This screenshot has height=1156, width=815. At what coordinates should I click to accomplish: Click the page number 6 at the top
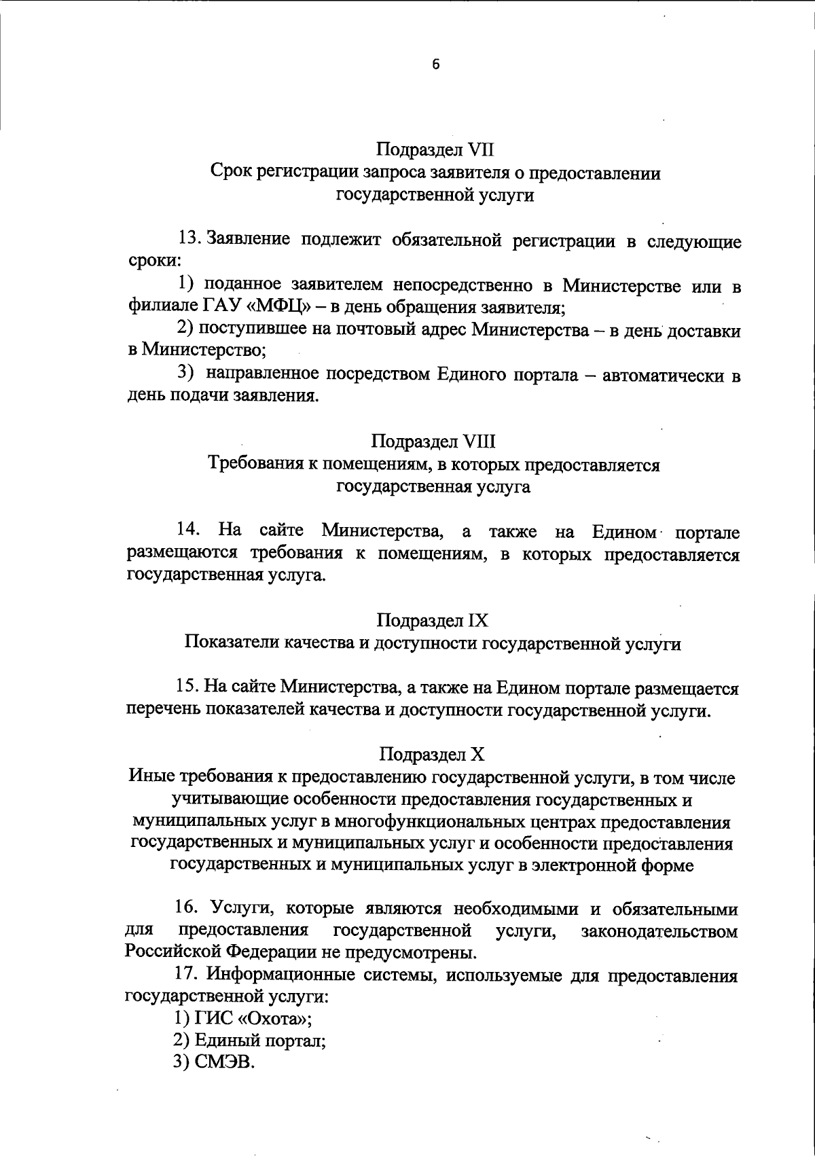coord(435,65)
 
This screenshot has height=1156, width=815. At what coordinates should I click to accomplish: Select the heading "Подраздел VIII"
coord(433,441)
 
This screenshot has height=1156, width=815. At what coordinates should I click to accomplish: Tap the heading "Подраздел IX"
coord(433,620)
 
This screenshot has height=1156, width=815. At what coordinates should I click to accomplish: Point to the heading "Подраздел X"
coord(433,754)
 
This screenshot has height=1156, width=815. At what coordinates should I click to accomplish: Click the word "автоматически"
coord(662,376)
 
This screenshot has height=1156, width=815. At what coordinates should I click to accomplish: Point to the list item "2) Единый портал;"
coord(249,1041)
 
